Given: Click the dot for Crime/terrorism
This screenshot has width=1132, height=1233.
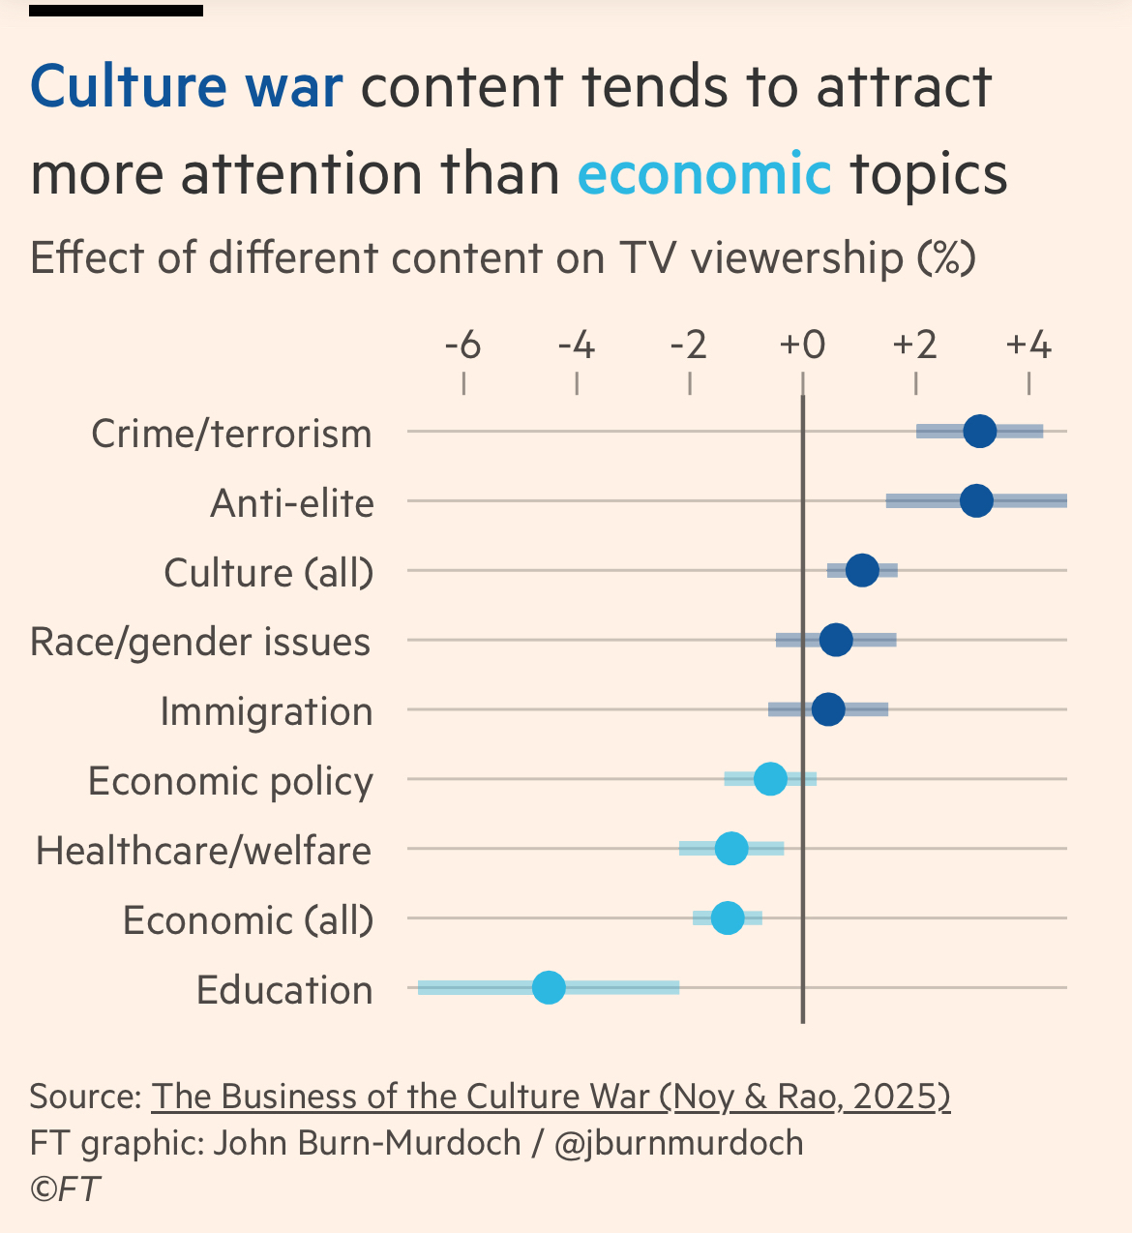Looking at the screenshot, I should pyautogui.click(x=980, y=432).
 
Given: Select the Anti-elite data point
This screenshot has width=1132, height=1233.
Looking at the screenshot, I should pyautogui.click(x=977, y=501).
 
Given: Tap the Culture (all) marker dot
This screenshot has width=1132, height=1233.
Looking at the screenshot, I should pyautogui.click(x=862, y=571).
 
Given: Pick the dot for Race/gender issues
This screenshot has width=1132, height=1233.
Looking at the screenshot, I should pyautogui.click(x=836, y=640).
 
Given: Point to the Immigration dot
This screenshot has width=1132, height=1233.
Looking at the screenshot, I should pyautogui.click(x=828, y=709).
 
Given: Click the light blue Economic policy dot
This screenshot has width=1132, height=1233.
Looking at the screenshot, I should pyautogui.click(x=770, y=778).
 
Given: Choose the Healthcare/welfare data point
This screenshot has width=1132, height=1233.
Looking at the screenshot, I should pyautogui.click(x=731, y=849).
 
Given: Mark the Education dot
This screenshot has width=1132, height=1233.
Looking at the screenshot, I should pyautogui.click(x=549, y=988).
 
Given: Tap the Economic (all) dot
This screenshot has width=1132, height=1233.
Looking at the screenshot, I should pyautogui.click(x=728, y=917).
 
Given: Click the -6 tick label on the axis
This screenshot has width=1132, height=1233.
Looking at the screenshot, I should pyautogui.click(x=463, y=345).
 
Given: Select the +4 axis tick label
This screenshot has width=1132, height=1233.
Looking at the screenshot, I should pyautogui.click(x=1028, y=345).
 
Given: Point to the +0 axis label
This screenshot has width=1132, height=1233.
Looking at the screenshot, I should pyautogui.click(x=802, y=345).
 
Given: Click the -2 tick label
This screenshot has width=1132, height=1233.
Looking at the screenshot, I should pyautogui.click(x=689, y=345).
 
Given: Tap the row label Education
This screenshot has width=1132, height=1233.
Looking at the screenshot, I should pyautogui.click(x=284, y=990).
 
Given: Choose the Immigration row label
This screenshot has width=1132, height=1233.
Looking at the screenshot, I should pyautogui.click(x=266, y=711).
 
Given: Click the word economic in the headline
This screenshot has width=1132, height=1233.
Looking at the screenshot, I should pyautogui.click(x=704, y=174).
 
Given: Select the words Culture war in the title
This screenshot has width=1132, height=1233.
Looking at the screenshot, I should pyautogui.click(x=187, y=87).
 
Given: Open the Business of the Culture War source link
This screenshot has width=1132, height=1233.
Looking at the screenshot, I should pyautogui.click(x=551, y=1097).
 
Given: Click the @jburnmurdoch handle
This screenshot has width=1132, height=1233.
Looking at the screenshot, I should pyautogui.click(x=679, y=1143).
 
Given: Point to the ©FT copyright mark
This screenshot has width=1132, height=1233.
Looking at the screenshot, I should pyautogui.click(x=65, y=1188).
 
